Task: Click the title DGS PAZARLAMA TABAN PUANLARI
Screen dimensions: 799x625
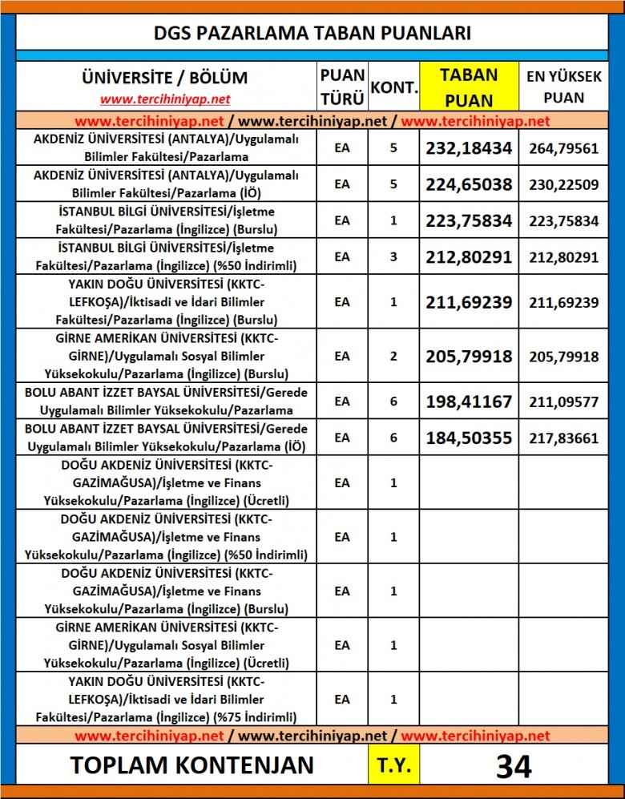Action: click(312, 33)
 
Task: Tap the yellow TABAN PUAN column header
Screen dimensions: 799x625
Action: click(469, 87)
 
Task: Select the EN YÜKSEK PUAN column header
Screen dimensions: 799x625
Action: click(563, 87)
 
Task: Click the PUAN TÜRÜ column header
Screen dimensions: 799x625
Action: click(342, 87)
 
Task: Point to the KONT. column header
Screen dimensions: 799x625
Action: click(393, 87)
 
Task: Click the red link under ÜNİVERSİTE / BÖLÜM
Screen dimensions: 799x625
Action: click(165, 99)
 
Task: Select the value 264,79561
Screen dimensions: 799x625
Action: click(563, 147)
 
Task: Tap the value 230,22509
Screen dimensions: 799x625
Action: click(563, 184)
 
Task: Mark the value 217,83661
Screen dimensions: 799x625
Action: click(563, 438)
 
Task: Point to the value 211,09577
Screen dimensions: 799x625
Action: click(563, 402)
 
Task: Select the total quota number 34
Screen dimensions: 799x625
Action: click(514, 765)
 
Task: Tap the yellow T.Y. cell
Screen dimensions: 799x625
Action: click(393, 765)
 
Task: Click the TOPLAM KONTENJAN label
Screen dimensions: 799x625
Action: click(192, 765)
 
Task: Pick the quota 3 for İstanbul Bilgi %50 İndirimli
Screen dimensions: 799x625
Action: click(393, 256)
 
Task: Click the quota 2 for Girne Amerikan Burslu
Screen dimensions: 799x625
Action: click(393, 356)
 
